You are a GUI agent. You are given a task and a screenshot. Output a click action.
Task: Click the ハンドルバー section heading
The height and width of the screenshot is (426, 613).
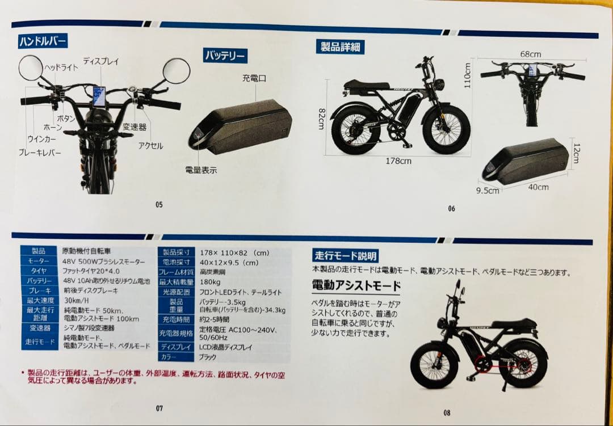[x=43, y=41]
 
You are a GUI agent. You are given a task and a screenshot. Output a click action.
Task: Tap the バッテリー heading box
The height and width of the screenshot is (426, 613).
[x=225, y=56]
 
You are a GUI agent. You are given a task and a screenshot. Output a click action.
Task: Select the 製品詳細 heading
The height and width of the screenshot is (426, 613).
[x=340, y=47]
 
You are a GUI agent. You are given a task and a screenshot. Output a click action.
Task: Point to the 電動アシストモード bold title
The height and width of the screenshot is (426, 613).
[x=356, y=285]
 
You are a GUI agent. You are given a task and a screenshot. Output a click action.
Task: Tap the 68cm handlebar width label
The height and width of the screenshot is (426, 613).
[x=530, y=54]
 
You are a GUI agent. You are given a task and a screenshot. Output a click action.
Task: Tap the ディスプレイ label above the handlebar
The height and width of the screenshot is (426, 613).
[x=100, y=61]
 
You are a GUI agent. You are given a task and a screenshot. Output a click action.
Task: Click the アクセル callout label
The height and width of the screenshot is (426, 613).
[x=150, y=146]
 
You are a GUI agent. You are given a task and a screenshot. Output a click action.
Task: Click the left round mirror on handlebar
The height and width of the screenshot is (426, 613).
[x=31, y=68]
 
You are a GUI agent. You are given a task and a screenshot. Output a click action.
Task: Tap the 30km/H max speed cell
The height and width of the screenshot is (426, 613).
[x=75, y=300]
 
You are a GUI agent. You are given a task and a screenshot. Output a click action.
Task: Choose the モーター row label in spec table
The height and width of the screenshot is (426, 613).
[x=39, y=261]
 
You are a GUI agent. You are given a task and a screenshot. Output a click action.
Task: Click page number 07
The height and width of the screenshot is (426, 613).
[x=159, y=407]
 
